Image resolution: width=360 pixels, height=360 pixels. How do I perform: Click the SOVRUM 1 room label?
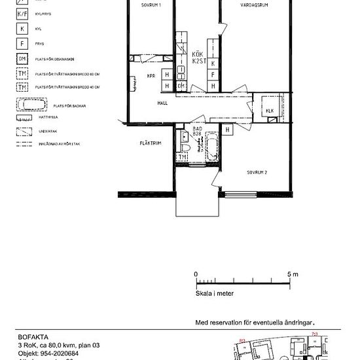pos(151,5)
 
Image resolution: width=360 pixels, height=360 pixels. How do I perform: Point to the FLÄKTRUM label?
pos(150,143)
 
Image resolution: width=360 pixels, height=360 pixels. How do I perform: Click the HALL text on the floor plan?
pos(163,103)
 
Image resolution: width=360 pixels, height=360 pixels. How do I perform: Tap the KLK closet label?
pos(270,111)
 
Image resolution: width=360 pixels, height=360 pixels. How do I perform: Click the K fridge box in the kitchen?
pos(213,63)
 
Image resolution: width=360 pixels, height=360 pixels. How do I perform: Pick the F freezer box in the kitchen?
pos(213,75)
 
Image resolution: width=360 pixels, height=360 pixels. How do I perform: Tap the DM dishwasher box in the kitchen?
pos(181,86)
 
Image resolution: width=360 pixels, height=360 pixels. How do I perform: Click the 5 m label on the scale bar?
pos(292,274)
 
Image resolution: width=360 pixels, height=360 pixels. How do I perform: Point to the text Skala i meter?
pos(215,294)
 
